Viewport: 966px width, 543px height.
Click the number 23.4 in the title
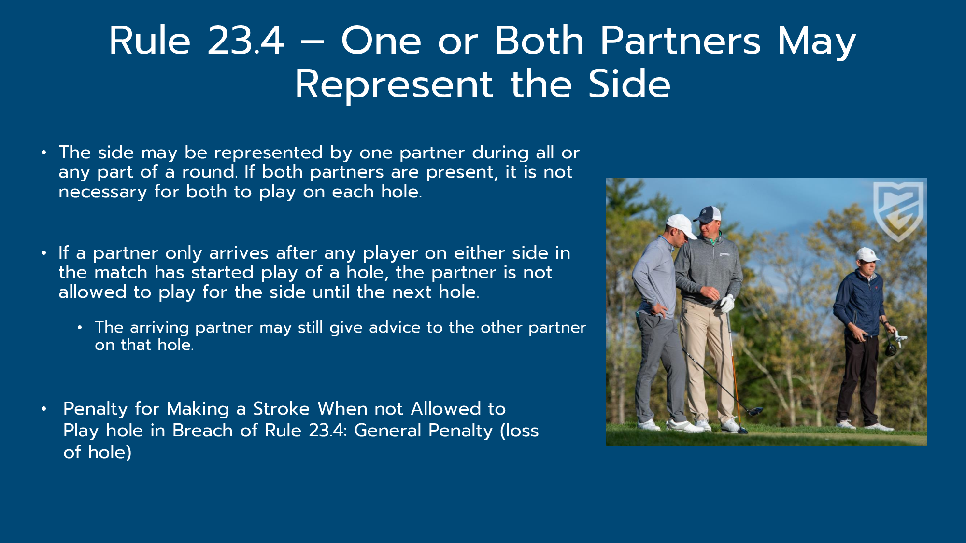[245, 41]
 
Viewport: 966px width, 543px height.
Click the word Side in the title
[629, 84]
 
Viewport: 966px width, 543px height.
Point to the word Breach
[202, 431]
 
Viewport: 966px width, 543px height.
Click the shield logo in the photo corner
[898, 210]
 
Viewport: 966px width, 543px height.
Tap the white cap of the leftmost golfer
[681, 225]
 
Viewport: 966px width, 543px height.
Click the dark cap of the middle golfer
[708, 214]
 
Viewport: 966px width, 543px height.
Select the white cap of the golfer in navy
[867, 254]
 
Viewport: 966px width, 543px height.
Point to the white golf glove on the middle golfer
[726, 304]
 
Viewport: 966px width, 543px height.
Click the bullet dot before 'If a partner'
[44, 253]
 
